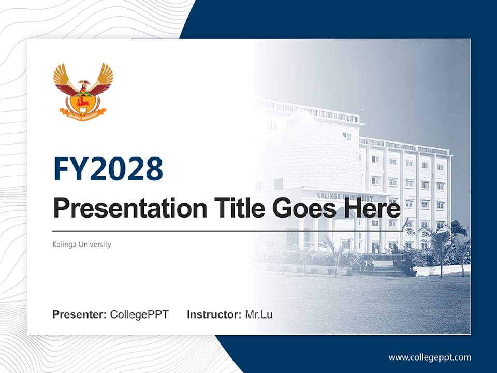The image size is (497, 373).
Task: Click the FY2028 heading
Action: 108,169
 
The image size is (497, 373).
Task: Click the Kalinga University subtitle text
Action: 82,244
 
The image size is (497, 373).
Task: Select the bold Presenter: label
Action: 80,314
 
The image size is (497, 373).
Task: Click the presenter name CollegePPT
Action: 139,314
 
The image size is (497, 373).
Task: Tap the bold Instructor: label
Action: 214,314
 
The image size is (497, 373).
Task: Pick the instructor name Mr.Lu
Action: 259,314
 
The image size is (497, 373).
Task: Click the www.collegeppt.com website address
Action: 430,357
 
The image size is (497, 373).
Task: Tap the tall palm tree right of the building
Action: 440,243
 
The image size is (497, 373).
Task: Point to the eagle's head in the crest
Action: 83,83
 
